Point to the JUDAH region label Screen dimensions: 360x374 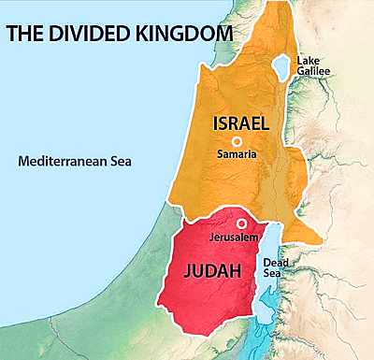pyautogui.click(x=207, y=271)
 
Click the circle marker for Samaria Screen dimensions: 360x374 pyautogui.click(x=237, y=141)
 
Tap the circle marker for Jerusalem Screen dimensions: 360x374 pyautogui.click(x=241, y=224)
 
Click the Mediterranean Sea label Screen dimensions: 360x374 pyautogui.click(x=75, y=161)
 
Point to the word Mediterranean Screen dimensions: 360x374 pyautogui.click(x=62, y=161)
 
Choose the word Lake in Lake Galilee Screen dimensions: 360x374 pyautogui.click(x=309, y=61)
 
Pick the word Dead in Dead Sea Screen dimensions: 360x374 pyautogui.click(x=276, y=264)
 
